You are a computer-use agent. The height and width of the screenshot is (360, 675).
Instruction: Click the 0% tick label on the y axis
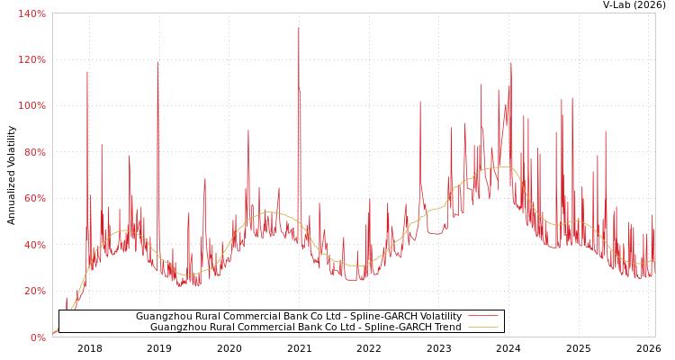pyautogui.click(x=38, y=337)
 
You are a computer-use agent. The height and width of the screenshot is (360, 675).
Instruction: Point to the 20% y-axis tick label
pyautogui.click(x=35, y=291)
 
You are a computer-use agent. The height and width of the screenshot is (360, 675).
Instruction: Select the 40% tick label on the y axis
pyautogui.click(x=35, y=245)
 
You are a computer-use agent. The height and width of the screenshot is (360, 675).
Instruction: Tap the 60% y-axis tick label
pyautogui.click(x=35, y=198)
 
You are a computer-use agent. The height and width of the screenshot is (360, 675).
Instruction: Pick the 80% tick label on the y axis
pyautogui.click(x=35, y=152)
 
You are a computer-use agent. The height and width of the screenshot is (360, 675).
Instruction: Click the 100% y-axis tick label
pyautogui.click(x=32, y=105)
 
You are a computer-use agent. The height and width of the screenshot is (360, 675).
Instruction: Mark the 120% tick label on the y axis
pyautogui.click(x=32, y=59)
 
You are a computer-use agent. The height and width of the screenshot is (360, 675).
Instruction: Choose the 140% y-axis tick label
pyautogui.click(x=32, y=13)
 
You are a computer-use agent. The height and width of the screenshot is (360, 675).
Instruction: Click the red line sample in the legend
pyautogui.click(x=483, y=317)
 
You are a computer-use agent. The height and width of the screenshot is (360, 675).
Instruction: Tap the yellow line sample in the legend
pyautogui.click(x=483, y=328)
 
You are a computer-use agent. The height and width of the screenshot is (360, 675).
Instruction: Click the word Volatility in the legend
pyautogui.click(x=440, y=317)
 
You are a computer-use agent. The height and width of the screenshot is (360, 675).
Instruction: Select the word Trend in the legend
pyautogui.click(x=447, y=328)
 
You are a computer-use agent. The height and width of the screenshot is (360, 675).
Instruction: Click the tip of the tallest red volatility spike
pyautogui.click(x=299, y=27)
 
